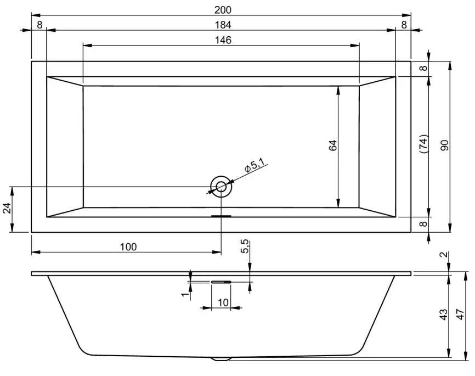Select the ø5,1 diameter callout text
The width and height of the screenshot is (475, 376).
[255, 165]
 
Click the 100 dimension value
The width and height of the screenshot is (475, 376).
[128, 247]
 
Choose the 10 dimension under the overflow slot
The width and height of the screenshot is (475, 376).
[222, 302]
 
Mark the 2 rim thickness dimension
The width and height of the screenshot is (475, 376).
[443, 255]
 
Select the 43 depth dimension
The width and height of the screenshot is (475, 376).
[443, 315]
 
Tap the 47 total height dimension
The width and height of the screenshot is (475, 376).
[460, 315]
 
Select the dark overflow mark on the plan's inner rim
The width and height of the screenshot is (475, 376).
[222, 216]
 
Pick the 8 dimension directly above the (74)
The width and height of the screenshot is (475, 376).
[422, 69]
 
